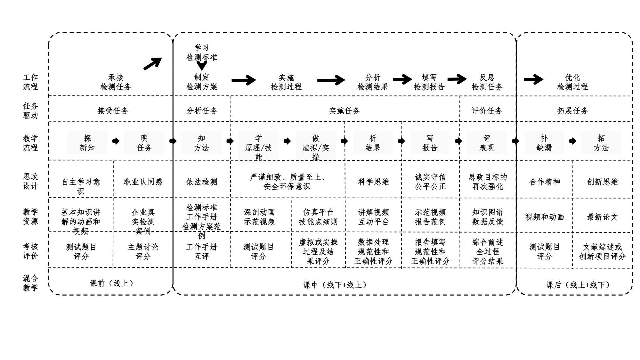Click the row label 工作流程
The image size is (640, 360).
[x=30, y=82]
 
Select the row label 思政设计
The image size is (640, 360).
[x=30, y=181]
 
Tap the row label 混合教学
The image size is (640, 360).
[x=30, y=283]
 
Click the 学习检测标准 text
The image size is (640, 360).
[x=202, y=53]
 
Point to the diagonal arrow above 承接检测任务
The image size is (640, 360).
[x=153, y=63]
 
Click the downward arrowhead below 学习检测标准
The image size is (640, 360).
[x=202, y=66]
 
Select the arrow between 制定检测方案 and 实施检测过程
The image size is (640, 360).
[x=244, y=80]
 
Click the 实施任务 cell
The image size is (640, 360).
[x=344, y=111]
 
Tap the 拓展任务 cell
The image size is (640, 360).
[x=573, y=111]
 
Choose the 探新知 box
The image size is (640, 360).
[x=87, y=143]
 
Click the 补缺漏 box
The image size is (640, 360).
[x=544, y=143]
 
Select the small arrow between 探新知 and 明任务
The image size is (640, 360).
[x=116, y=141]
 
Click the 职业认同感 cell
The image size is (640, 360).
[x=143, y=182]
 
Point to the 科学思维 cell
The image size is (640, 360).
[x=373, y=182]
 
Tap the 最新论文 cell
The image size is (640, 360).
[x=602, y=217]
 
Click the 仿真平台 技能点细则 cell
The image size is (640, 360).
[x=318, y=217]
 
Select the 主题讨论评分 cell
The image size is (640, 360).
[x=143, y=251]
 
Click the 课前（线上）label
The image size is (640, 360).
[x=111, y=283]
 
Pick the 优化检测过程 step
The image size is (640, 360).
[x=572, y=82]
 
